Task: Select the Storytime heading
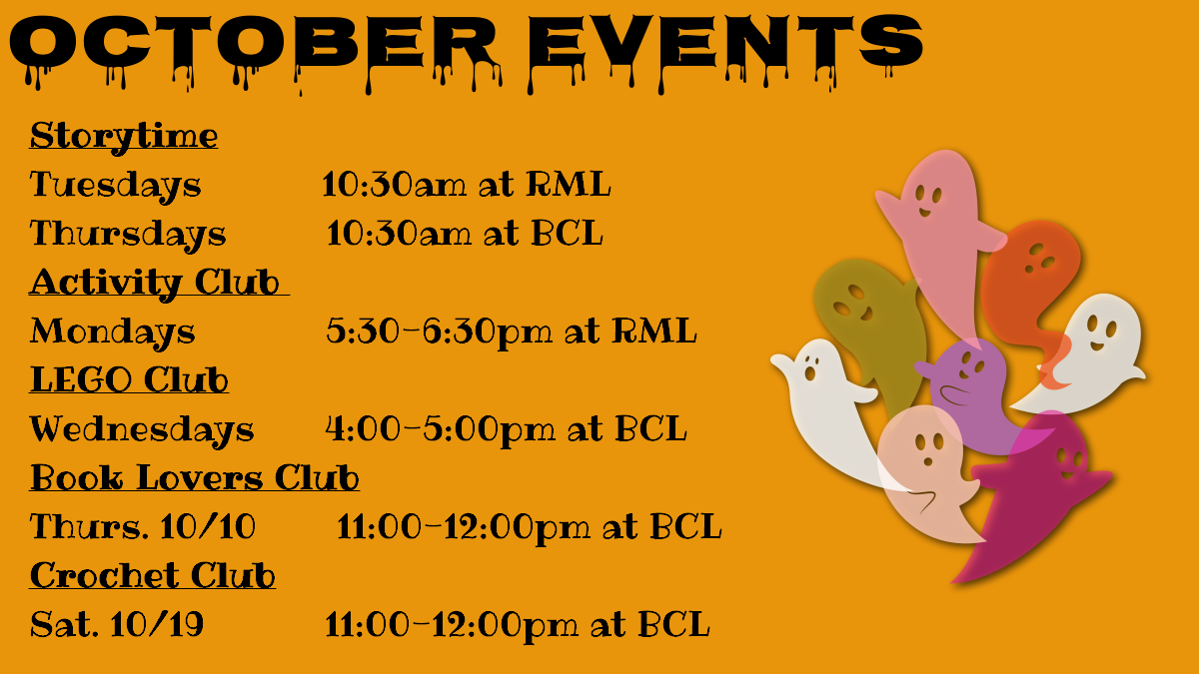click(124, 137)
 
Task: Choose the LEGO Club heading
click(129, 379)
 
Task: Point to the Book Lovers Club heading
click(194, 477)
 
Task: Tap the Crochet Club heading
click(153, 575)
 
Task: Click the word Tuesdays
click(115, 186)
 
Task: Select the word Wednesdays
click(142, 429)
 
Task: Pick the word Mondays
click(112, 332)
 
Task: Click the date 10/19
click(157, 624)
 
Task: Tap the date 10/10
click(208, 526)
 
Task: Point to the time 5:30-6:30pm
click(439, 333)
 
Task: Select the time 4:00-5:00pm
click(440, 430)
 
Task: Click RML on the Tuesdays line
click(568, 184)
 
